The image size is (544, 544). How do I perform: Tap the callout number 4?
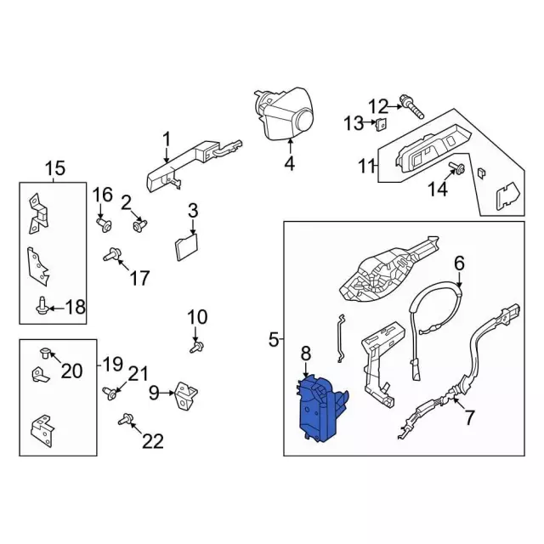[x=289, y=164]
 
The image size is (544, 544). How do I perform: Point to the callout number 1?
[x=167, y=139]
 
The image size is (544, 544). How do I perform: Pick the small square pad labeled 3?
[x=186, y=246]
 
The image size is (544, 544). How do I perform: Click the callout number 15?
[x=54, y=169]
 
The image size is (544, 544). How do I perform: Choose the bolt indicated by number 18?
[x=42, y=306]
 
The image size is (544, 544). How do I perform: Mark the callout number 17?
[x=139, y=277]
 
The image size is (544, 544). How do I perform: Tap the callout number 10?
[x=196, y=317]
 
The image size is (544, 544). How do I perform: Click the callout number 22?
[x=153, y=440]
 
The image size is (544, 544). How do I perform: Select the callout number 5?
[x=274, y=340]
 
